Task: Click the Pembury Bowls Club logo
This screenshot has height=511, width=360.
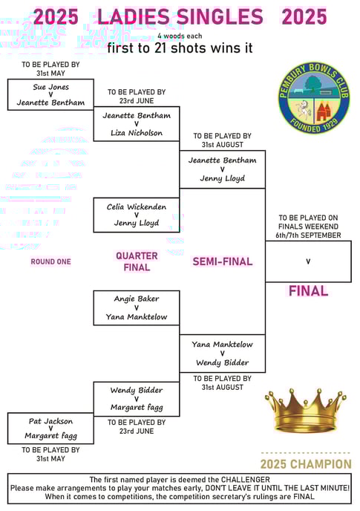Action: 313,97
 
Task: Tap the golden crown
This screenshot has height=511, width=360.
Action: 306,410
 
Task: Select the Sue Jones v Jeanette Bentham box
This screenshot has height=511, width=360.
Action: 50,94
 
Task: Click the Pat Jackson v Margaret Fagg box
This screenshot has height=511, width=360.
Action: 50,429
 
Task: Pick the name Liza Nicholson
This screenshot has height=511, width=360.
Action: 137,133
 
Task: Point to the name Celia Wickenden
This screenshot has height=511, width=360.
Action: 137,207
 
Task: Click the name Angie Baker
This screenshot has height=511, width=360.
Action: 137,299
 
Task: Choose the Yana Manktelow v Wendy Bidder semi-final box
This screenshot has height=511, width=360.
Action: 223,354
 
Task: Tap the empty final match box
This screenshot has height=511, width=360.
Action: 308,261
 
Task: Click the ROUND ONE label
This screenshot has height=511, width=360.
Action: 50,261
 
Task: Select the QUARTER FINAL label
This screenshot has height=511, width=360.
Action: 137,261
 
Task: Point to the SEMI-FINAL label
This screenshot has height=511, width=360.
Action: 223,261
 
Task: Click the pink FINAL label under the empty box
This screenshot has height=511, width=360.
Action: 308,291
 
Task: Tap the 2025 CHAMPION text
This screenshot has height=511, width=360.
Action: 306,464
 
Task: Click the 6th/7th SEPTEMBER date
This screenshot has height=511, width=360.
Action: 308,235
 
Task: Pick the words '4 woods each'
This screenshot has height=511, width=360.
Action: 180,36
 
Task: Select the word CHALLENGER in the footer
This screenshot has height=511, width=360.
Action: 246,480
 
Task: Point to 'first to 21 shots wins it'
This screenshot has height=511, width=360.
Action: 180,48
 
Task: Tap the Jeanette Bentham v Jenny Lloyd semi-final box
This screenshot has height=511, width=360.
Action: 223,169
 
